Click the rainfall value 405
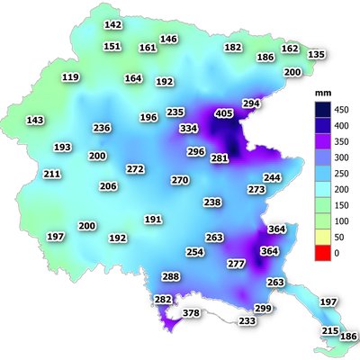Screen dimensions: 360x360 (x=224, y=113)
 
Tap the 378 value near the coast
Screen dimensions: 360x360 (x=192, y=313)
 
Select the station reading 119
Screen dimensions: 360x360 (x=70, y=77)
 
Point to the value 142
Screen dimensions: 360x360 (x=113, y=25)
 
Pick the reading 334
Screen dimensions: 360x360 (x=189, y=129)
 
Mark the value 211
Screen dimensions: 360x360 (x=52, y=174)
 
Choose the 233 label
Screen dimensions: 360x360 (x=247, y=321)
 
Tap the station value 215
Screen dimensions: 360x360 (x=329, y=331)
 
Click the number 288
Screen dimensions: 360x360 (x=170, y=276)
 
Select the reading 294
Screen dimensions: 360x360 (x=251, y=104)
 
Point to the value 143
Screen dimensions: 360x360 (x=35, y=120)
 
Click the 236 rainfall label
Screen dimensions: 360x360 (x=102, y=128)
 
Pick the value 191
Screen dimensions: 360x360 (x=153, y=220)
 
